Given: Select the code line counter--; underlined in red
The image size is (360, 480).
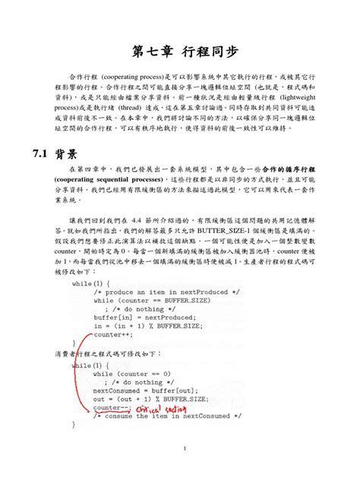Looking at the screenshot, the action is (x=112, y=407).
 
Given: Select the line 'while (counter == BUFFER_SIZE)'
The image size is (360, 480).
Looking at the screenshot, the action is (x=150, y=300).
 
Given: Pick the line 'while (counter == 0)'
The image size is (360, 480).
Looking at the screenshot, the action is (x=131, y=374).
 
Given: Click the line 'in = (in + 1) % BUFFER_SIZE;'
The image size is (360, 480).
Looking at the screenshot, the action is (x=147, y=326).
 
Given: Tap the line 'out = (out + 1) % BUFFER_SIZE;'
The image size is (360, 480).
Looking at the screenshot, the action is (x=150, y=399).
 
